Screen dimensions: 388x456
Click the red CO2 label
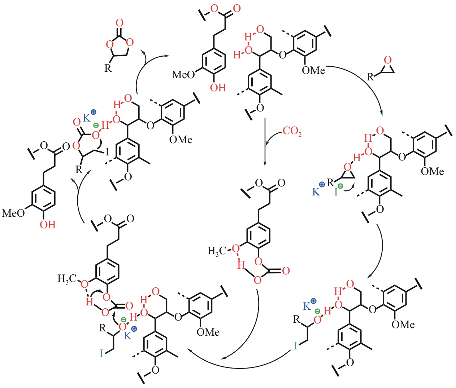tap(292, 131)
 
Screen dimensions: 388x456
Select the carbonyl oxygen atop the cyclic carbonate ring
tap(120, 23)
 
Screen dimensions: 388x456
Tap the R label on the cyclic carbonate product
tap(108, 68)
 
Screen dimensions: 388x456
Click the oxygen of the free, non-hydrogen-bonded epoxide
tap(388, 60)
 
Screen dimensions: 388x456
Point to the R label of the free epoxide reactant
tap(370, 77)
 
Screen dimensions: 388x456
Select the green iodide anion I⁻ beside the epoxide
tap(337, 191)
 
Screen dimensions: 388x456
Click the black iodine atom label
tap(107, 153)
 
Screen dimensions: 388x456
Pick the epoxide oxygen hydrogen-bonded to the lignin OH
tap(347, 167)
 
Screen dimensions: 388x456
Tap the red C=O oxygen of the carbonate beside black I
tap(77, 122)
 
